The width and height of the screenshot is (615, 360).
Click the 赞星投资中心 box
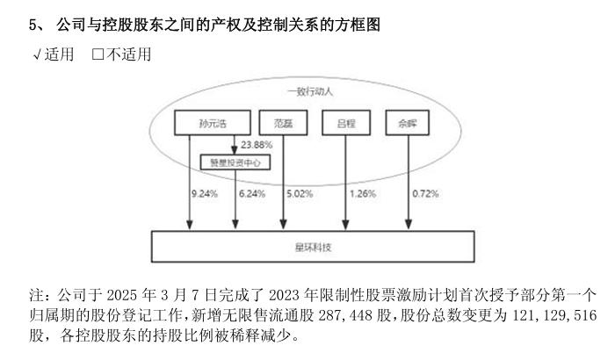pyautogui.click(x=235, y=162)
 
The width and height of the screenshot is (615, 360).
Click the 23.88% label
pyautogui.click(x=257, y=143)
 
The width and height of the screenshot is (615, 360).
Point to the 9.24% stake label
pyautogui.click(x=204, y=194)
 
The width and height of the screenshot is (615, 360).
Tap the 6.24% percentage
pyautogui.click(x=251, y=194)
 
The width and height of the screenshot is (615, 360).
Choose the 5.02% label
pyautogui.click(x=300, y=194)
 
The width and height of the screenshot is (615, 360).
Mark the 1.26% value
pyautogui.click(x=361, y=194)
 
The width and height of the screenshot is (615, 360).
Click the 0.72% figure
pyautogui.click(x=424, y=194)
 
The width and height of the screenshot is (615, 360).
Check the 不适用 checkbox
pyautogui.click(x=98, y=54)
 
